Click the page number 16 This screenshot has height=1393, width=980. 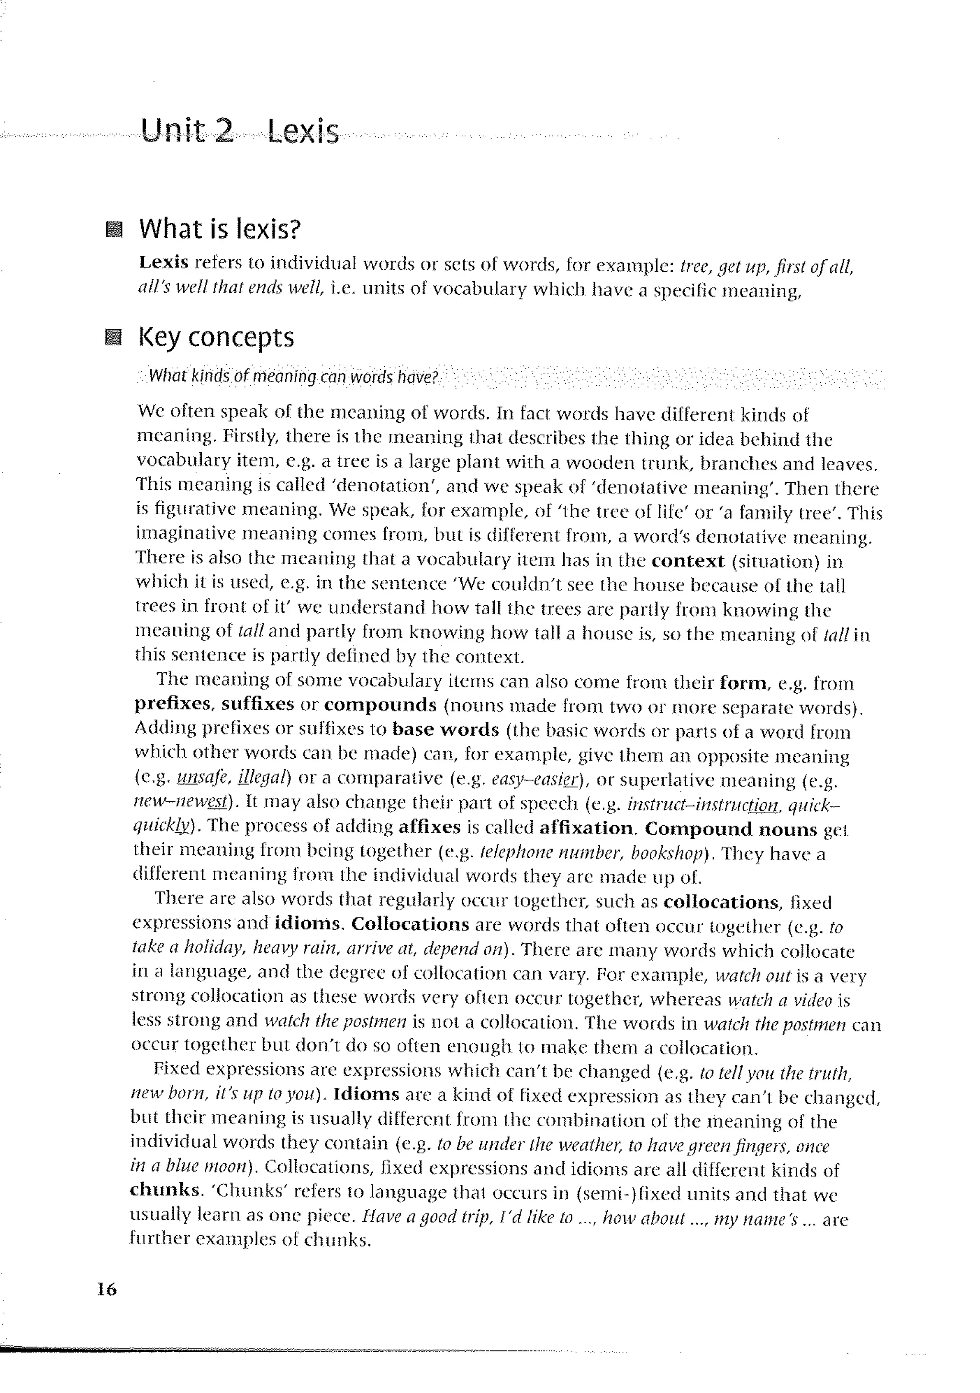pyautogui.click(x=107, y=1289)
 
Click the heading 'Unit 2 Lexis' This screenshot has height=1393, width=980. pyautogui.click(x=239, y=131)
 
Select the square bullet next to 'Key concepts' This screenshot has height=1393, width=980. pyautogui.click(x=113, y=337)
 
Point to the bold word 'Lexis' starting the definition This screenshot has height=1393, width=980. pyautogui.click(x=163, y=263)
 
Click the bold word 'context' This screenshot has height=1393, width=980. pyautogui.click(x=688, y=561)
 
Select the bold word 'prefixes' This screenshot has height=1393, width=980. pyautogui.click(x=172, y=704)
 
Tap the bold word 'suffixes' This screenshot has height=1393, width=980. pyautogui.click(x=257, y=704)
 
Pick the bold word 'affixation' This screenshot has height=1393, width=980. pyautogui.click(x=586, y=828)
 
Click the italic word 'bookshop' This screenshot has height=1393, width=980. pyautogui.click(x=666, y=853)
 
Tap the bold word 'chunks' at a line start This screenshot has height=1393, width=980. pyautogui.click(x=164, y=1190)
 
